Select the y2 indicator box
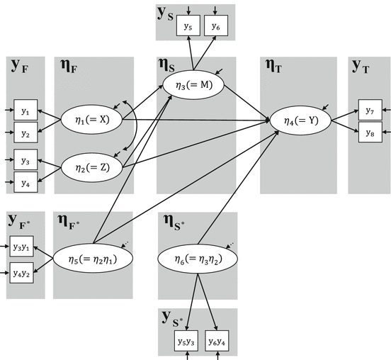25,132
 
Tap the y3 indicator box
25,160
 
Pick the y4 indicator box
25,181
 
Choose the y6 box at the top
215,26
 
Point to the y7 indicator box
369,110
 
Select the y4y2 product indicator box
23,271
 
